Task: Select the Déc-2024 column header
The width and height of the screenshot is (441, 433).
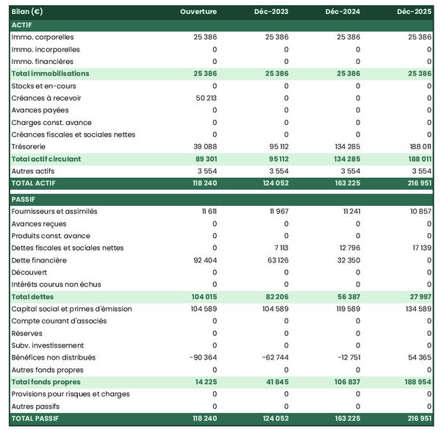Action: pos(343,12)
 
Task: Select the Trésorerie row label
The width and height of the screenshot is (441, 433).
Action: pos(30,146)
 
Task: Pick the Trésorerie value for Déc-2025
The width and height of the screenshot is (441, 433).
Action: pos(418,146)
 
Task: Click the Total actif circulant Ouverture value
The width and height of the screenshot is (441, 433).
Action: pos(204,159)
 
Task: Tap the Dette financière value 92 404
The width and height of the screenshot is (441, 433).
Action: pos(203,260)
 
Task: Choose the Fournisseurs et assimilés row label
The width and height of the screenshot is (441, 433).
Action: pos(54,212)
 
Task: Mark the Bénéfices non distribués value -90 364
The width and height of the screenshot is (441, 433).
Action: pos(201,357)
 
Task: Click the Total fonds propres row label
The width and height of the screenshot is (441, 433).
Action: pos(46,382)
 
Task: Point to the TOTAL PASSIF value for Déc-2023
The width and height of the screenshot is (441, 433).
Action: pos(274,418)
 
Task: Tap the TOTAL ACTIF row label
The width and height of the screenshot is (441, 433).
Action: pos(34,183)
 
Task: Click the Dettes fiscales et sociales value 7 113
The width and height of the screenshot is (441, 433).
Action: pos(280,248)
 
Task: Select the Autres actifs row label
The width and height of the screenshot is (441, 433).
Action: pos(34,171)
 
